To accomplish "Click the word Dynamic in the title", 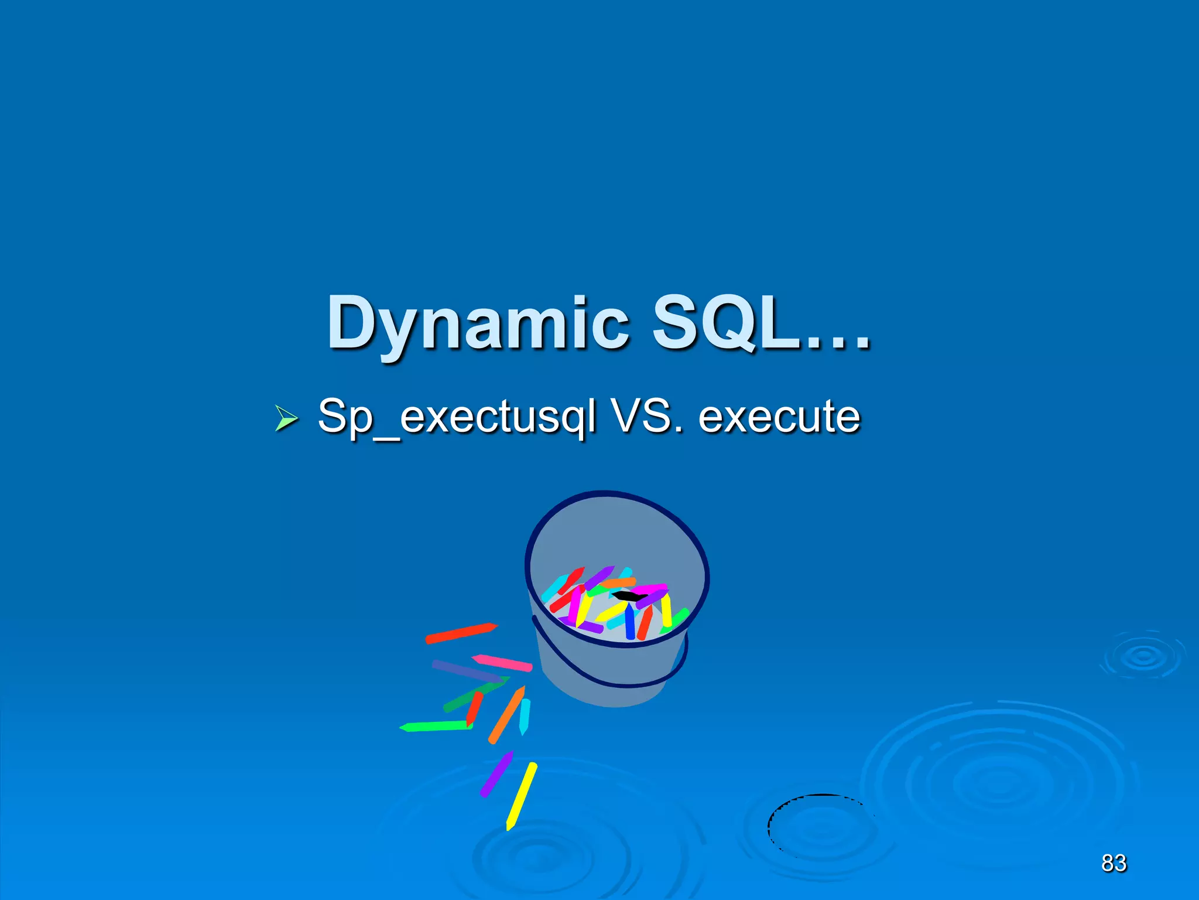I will [477, 324].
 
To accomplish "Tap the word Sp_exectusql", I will [457, 417].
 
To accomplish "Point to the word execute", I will [779, 416].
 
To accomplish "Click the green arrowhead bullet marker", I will [286, 420].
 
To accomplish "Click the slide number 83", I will [1114, 863].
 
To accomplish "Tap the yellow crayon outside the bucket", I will [521, 796].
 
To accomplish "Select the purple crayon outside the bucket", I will [496, 774].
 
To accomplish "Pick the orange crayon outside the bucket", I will [507, 715].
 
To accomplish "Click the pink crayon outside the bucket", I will [502, 662].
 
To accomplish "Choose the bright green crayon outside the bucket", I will [436, 727].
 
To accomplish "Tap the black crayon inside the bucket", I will [628, 596].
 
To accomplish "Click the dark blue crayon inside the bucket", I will [629, 622].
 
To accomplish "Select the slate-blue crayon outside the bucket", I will [466, 671].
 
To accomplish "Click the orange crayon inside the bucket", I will [617, 583].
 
